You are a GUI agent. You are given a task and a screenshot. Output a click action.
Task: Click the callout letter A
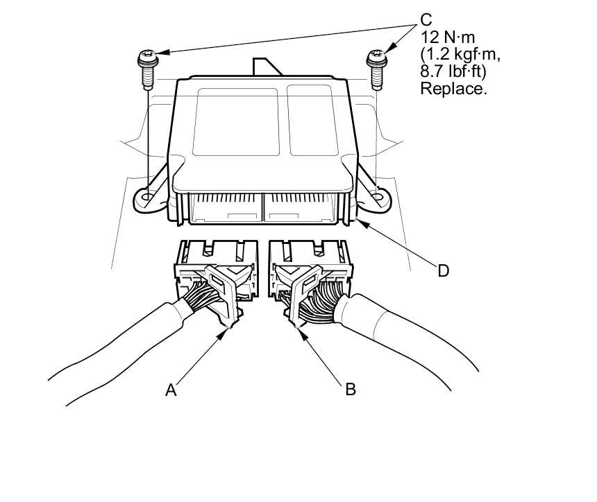coord(171,390)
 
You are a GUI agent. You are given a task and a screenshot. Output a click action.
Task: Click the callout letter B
coord(351,389)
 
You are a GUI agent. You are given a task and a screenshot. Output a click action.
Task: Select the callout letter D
coord(444,270)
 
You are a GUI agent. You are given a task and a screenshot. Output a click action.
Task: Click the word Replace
coord(453,88)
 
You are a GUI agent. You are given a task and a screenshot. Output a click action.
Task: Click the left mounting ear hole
coord(146,198)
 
